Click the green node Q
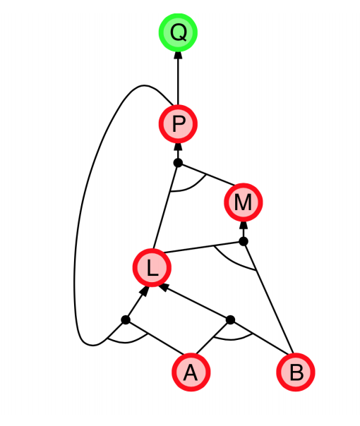[178, 32]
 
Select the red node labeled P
[178, 124]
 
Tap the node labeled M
[244, 202]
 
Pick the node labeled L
[152, 267]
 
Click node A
[191, 372]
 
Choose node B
[296, 372]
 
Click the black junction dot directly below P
[178, 163]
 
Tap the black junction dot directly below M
[244, 241]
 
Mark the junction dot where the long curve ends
[126, 319]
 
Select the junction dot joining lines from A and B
[230, 319]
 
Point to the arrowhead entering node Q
[178, 55]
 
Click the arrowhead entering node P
[178, 147]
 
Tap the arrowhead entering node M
[244, 225]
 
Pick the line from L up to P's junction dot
[166, 206]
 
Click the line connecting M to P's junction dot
[207, 175]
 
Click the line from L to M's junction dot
[203, 247]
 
